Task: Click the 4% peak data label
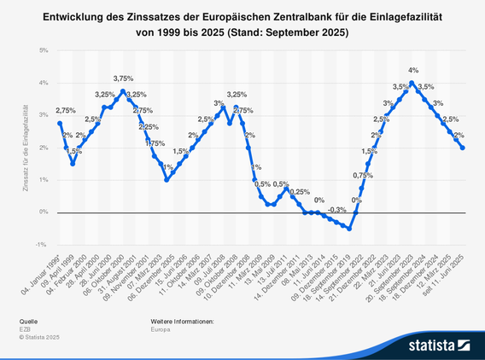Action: pyautogui.click(x=412, y=70)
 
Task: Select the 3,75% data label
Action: pyautogui.click(x=123, y=78)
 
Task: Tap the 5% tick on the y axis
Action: pyautogui.click(x=43, y=50)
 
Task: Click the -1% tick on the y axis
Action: pyautogui.click(x=42, y=244)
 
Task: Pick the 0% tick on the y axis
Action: pyautogui.click(x=43, y=212)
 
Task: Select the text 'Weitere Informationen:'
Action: pyautogui.click(x=182, y=321)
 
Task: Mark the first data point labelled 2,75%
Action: pyautogui.click(x=60, y=123)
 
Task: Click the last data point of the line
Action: pyautogui.click(x=463, y=148)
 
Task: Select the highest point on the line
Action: pyautogui.click(x=412, y=83)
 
